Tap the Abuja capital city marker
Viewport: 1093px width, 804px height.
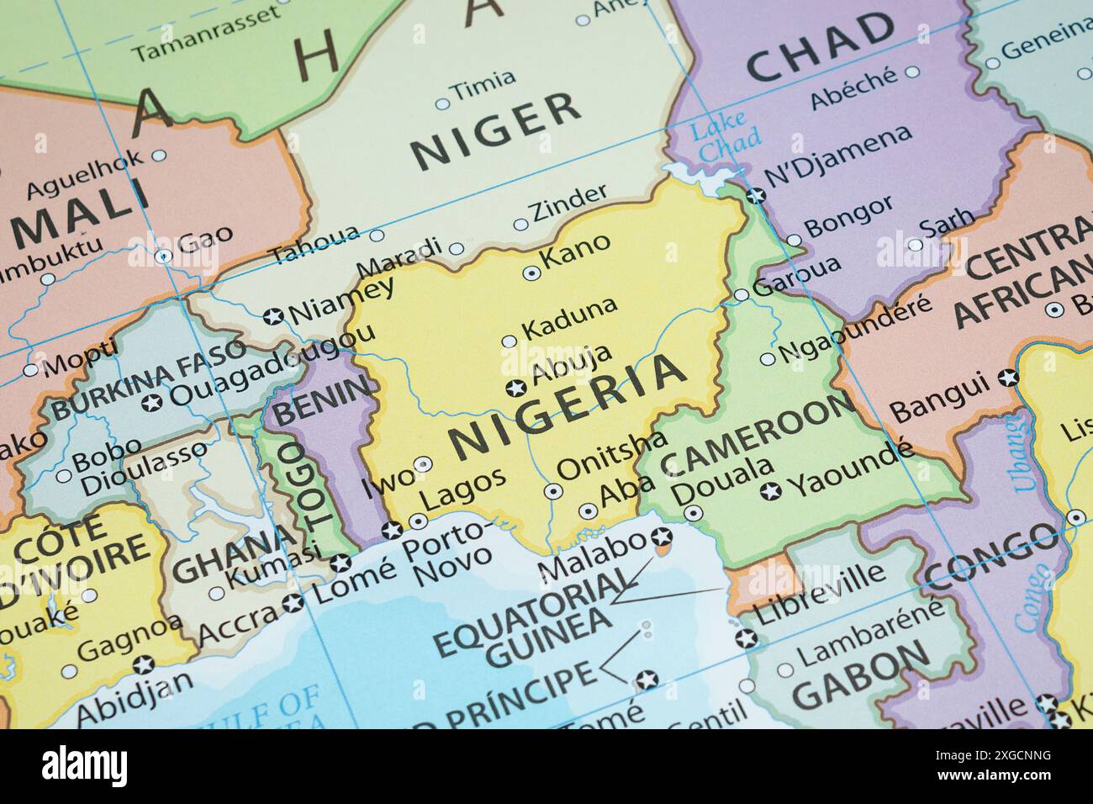515,388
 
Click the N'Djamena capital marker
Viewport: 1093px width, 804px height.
756,195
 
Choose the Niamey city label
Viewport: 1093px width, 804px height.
341,302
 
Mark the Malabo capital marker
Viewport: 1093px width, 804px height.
662,536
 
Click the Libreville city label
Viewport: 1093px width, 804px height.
821,595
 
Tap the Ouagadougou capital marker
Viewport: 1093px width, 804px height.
151,403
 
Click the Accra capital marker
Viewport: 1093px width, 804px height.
293,602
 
